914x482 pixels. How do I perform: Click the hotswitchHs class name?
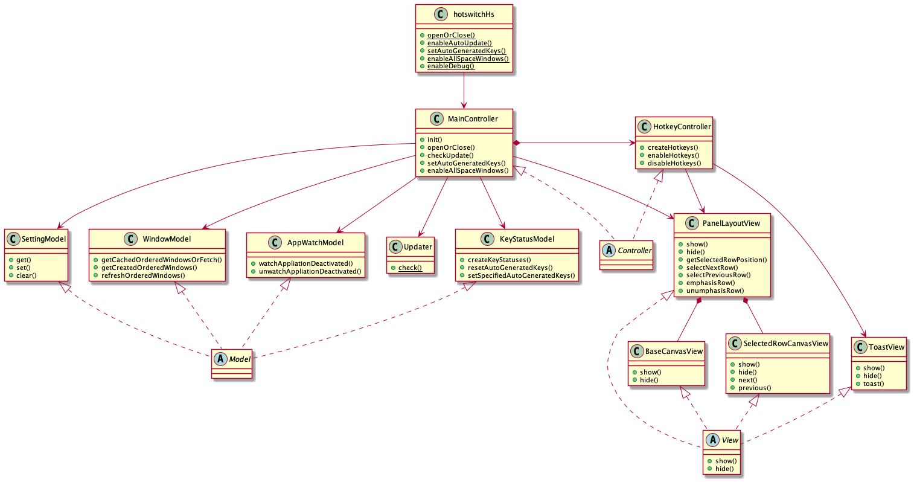[x=473, y=14]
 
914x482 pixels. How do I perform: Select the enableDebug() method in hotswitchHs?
[x=450, y=66]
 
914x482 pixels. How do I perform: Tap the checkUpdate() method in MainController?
[x=450, y=155]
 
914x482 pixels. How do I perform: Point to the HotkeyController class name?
[x=682, y=127]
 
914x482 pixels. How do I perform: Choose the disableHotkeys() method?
[x=674, y=163]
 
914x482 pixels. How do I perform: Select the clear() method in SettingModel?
[x=27, y=275]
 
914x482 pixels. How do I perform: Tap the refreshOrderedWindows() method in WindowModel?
[x=143, y=275]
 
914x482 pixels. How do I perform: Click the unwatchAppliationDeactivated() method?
[x=310, y=272]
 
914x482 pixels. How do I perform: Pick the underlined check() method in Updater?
[x=410, y=268]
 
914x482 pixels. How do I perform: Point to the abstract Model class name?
[x=240, y=359]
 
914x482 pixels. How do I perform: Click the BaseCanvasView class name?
[x=674, y=351]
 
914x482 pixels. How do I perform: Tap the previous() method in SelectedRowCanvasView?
[x=755, y=388]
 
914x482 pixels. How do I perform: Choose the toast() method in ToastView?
[x=873, y=384]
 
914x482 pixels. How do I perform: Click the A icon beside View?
[x=713, y=440]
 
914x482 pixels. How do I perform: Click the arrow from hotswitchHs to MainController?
[x=464, y=91]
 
